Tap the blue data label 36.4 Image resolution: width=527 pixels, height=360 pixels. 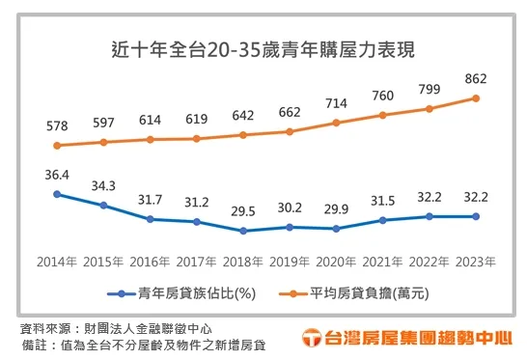(57, 175)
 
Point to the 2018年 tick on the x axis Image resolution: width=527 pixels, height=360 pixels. (242, 262)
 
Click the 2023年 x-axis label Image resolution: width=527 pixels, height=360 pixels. (474, 262)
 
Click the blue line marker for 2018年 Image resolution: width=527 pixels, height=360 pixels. (242, 231)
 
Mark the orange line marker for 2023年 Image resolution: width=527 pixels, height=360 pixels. (474, 97)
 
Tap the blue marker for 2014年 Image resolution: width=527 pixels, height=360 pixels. (57, 194)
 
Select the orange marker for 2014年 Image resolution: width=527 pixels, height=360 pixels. (57, 146)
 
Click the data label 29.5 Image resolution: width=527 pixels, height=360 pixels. (242, 211)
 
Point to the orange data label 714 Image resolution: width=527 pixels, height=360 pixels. (335, 103)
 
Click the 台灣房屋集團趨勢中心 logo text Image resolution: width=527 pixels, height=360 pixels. (413, 338)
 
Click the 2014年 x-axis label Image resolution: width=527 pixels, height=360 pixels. (57, 262)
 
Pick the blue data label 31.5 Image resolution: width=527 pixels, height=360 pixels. (381, 201)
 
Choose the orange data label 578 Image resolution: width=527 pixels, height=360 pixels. (57, 126)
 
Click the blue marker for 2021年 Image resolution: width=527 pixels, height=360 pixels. (381, 220)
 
